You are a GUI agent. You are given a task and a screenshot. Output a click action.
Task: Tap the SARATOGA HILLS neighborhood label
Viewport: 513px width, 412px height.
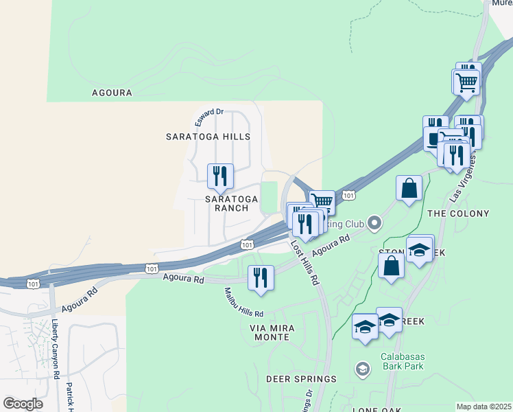pos(208,137)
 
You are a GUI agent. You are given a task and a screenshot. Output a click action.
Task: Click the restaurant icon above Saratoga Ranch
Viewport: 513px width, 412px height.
pos(220,176)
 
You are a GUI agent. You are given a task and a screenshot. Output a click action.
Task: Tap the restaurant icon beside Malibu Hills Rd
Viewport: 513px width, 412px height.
pos(260,277)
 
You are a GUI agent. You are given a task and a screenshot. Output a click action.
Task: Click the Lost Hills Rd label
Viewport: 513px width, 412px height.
pos(305,262)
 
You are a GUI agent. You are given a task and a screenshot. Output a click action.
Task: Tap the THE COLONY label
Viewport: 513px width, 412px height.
pos(458,214)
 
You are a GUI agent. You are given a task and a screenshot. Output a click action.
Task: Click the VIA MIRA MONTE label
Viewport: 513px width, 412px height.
pos(272,333)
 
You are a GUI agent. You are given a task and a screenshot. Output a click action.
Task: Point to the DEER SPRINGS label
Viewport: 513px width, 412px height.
pos(302,379)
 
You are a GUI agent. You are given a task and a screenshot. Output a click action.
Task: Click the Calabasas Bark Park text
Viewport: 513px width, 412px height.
pos(403,360)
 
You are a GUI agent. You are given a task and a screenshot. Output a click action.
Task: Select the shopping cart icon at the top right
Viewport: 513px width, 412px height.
pos(466,82)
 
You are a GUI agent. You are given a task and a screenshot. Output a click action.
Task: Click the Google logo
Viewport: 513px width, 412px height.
pos(23,404)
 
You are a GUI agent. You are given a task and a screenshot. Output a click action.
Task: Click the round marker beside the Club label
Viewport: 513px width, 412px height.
pos(374,222)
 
